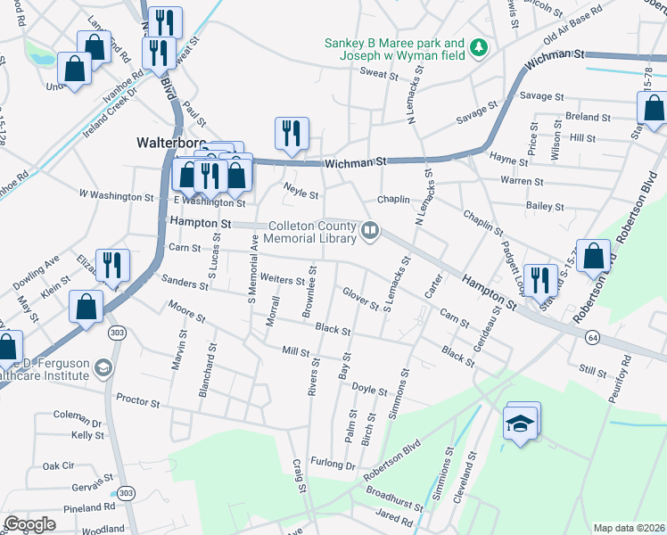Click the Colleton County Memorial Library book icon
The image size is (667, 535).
click(x=369, y=232)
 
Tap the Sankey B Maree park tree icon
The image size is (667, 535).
click(x=479, y=46)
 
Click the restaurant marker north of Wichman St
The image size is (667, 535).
click(x=292, y=134)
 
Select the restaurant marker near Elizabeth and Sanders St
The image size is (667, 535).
click(x=113, y=264)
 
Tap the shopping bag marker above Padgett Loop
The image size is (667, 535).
click(x=593, y=256)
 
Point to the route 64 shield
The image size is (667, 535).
click(x=591, y=338)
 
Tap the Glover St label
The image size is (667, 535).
click(x=360, y=298)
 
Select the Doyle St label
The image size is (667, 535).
click(x=369, y=391)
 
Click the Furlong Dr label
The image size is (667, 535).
click(x=333, y=465)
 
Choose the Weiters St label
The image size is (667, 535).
click(x=282, y=280)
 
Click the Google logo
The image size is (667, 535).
click(x=30, y=524)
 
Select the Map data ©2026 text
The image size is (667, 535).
click(x=628, y=528)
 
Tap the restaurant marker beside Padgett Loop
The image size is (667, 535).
click(x=539, y=280)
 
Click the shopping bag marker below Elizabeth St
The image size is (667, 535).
click(x=85, y=307)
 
